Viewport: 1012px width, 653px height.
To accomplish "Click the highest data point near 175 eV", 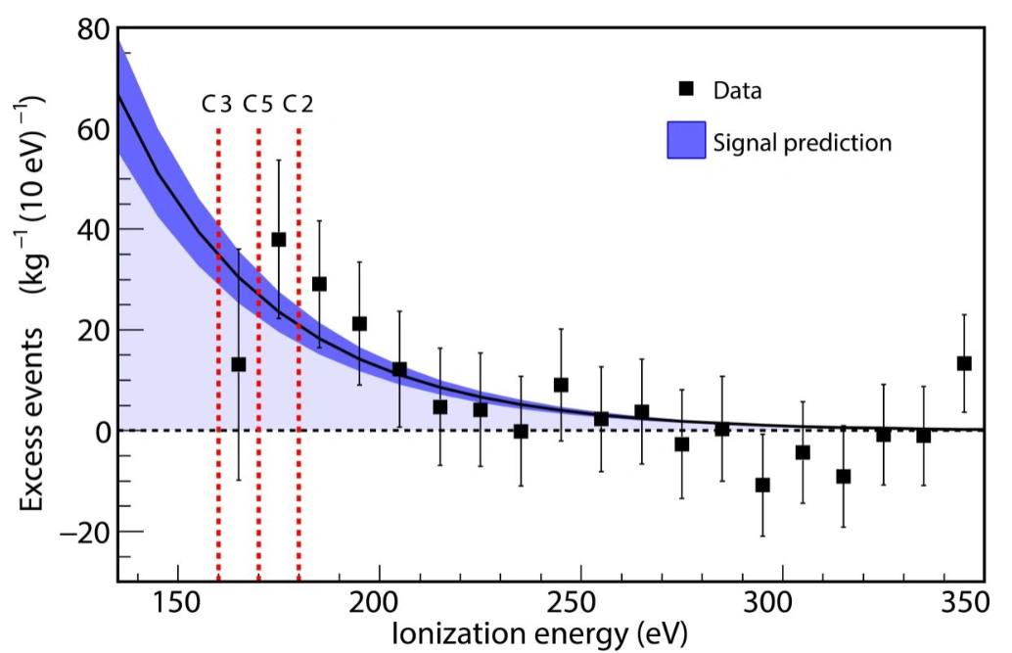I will tap(278, 239).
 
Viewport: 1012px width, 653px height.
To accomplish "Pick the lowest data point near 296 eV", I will tap(762, 485).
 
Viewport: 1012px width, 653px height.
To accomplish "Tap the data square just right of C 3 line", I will tap(238, 364).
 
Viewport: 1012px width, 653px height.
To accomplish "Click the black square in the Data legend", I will tap(686, 89).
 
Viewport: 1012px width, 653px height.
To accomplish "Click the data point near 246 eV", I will tap(561, 385).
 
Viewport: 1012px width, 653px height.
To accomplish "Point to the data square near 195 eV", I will tap(359, 323).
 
